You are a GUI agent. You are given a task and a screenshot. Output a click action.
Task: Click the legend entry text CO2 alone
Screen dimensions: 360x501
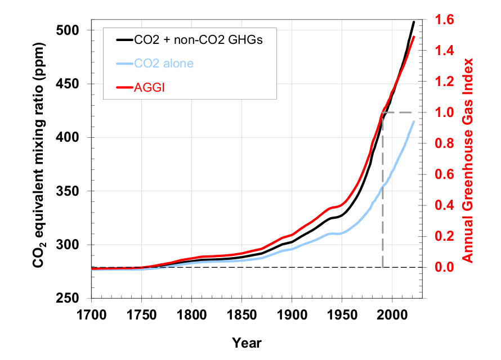164,64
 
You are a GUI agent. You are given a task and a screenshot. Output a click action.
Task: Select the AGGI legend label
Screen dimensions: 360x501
148,87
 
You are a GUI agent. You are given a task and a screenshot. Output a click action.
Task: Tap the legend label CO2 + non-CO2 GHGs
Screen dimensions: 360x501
198,40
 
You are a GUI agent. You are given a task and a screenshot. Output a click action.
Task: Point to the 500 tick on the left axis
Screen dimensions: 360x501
71,30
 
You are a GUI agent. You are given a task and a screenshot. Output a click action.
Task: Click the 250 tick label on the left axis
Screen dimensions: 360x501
71,298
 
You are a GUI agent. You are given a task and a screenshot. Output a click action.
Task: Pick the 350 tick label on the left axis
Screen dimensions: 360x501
71,191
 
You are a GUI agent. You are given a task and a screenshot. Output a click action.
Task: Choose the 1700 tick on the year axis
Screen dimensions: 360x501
91,313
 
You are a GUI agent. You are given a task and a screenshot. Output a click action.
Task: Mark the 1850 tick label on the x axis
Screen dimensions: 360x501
241,313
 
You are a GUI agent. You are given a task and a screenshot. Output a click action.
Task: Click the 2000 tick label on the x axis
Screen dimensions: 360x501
392,313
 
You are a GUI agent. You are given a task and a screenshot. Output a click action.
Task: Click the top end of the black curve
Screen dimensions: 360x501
414,22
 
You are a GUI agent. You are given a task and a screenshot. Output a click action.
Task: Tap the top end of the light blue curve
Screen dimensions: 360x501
414,121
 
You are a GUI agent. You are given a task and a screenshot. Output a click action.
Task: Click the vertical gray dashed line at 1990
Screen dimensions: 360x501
383,191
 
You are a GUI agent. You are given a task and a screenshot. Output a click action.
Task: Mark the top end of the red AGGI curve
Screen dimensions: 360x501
414,37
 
